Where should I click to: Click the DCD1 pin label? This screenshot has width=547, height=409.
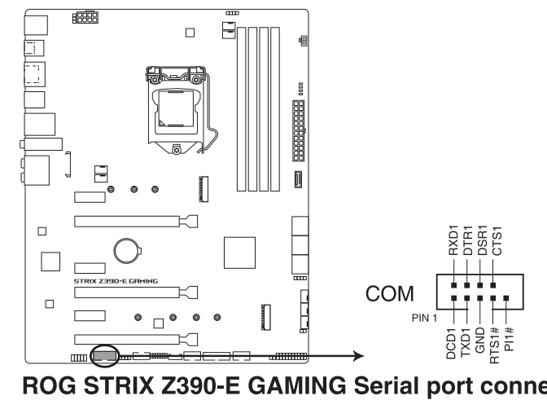point(453,336)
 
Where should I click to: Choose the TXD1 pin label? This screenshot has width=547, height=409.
point(466,336)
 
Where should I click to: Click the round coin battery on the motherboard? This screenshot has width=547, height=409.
point(127,248)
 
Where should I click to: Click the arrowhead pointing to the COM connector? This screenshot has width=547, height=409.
point(357,356)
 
